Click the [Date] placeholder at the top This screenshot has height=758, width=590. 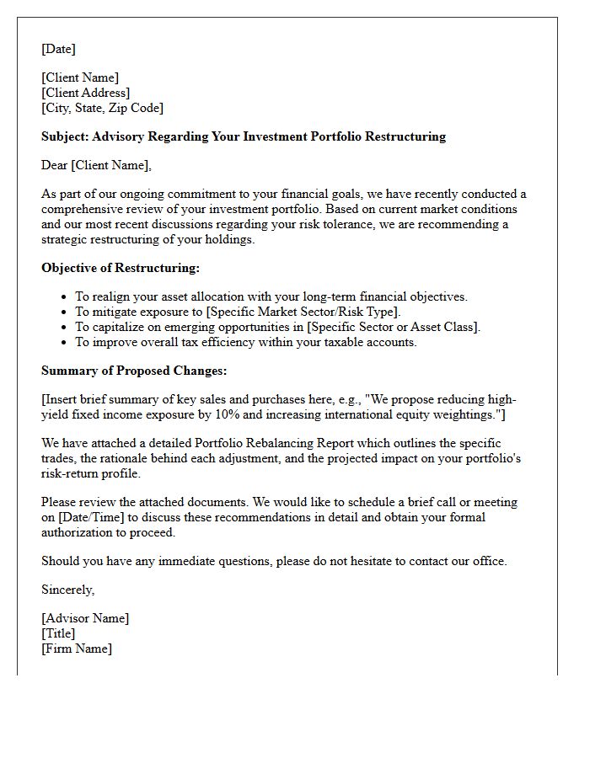[x=58, y=49]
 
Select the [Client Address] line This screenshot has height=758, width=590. [x=85, y=93]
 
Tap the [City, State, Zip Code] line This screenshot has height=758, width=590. [x=102, y=108]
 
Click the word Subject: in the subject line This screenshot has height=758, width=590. [x=65, y=136]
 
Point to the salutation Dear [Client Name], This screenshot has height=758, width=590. [x=96, y=165]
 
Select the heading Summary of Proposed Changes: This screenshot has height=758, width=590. [x=134, y=371]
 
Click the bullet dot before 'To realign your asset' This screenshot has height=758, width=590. [x=64, y=297]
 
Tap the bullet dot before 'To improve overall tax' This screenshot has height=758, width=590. [x=64, y=343]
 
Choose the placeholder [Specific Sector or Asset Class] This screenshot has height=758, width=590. [x=393, y=327]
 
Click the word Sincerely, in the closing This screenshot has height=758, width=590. [x=68, y=590]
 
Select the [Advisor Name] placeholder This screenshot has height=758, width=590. [x=85, y=618]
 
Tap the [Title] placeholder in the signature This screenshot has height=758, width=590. [x=58, y=633]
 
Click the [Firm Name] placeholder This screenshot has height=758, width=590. [x=77, y=649]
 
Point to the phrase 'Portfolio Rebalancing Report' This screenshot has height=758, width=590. [x=279, y=443]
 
